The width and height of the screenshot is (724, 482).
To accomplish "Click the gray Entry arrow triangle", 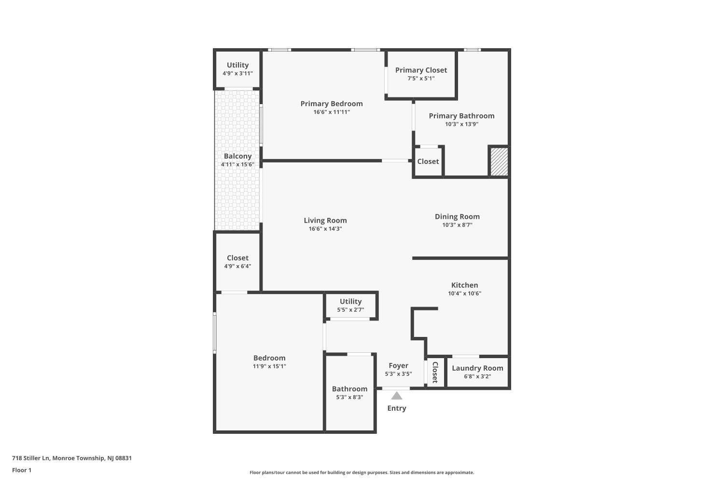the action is coord(397,396).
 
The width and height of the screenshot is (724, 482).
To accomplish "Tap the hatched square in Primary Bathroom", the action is coord(500,162).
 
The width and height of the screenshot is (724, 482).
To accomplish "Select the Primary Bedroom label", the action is coord(332,104).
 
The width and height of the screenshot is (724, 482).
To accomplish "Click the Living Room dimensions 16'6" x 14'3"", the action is coord(325,228).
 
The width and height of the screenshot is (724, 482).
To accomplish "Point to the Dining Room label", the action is coord(457,216).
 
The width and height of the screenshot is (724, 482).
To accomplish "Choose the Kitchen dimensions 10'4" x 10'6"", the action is coord(464,293).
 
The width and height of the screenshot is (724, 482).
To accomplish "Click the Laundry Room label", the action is coord(477,368).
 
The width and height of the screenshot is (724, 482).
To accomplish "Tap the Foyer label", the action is coord(398,365).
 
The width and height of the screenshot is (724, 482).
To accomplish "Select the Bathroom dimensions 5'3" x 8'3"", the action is coord(349,397).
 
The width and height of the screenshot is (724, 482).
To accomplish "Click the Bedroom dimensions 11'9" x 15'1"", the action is coord(269,366).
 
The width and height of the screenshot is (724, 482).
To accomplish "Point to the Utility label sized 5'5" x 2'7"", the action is coord(350,301).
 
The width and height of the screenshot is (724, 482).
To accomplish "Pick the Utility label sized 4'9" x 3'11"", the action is coord(237,65).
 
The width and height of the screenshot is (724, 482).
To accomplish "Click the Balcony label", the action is coord(237,156).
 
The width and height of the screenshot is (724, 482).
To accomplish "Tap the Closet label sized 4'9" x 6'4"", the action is coord(237,258).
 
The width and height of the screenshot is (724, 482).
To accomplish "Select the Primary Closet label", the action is coord(421,70).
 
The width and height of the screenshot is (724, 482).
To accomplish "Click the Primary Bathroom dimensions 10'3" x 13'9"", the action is coord(461,124).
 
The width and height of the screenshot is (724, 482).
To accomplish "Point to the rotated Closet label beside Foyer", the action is coord(435,372).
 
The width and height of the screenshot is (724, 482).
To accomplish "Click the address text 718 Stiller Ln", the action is coord(31,458).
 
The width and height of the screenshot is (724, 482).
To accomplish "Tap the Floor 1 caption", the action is coord(22,470).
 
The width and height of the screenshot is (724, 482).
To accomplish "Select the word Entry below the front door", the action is coord(397,408).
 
